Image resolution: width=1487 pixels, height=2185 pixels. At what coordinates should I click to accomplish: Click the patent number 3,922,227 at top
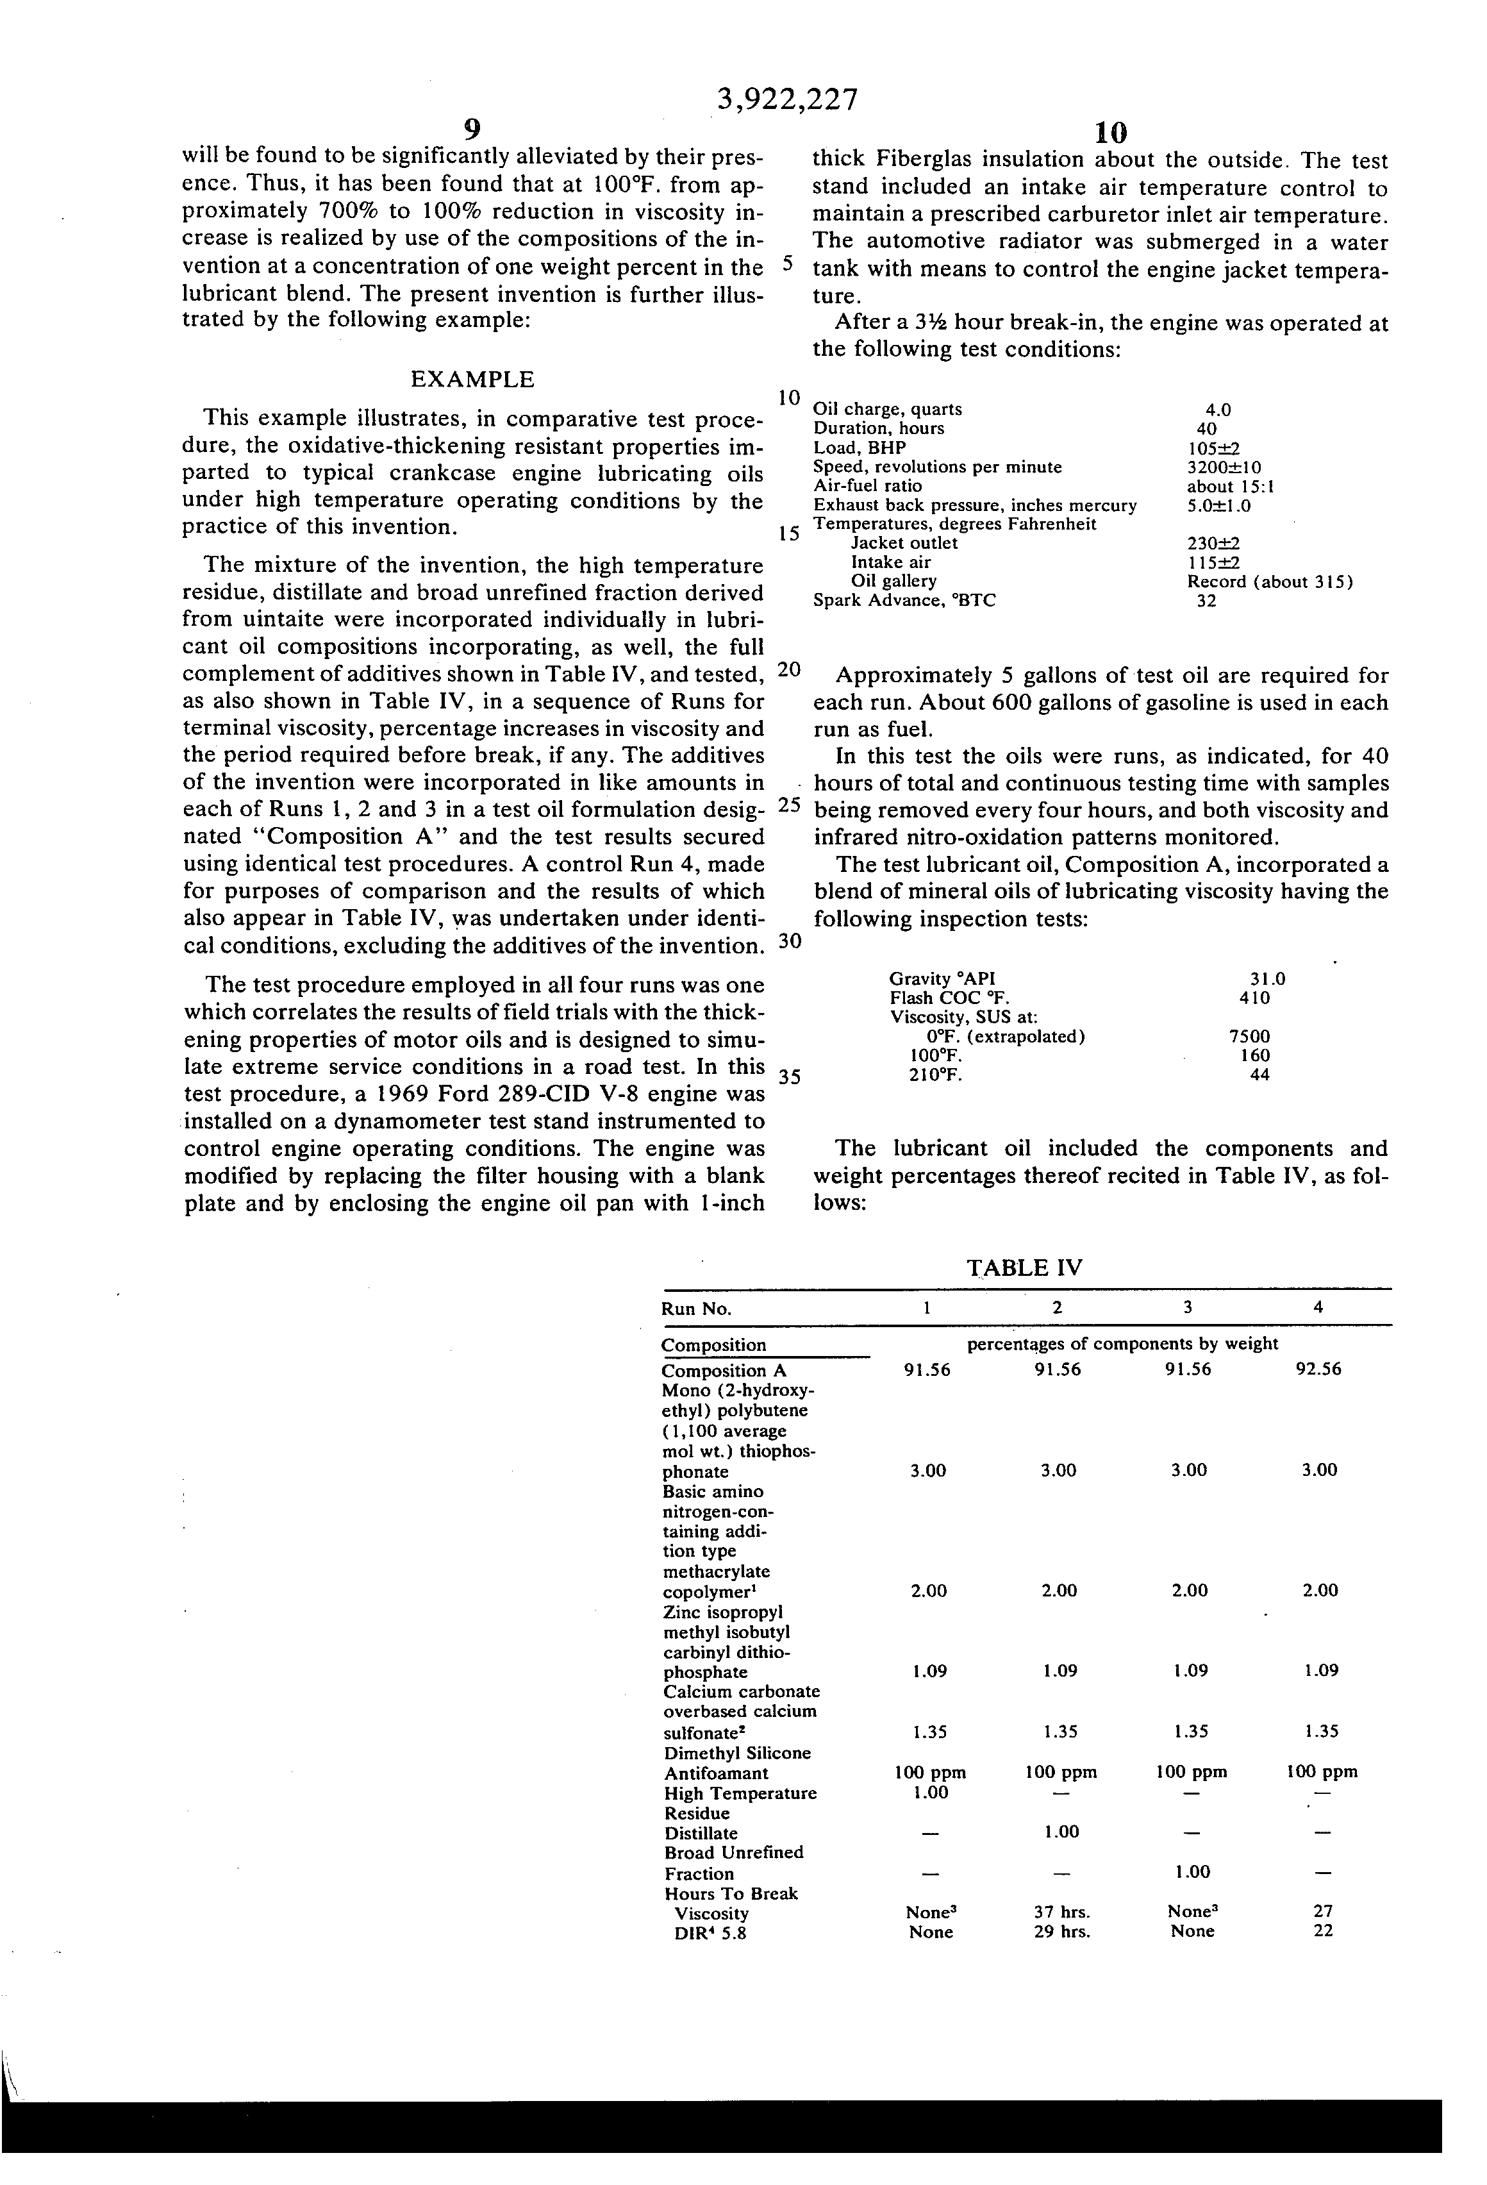[x=788, y=99]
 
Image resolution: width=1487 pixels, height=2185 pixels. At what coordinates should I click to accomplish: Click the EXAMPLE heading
[x=473, y=380]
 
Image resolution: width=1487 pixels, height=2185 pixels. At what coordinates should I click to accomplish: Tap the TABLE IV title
[x=1024, y=1268]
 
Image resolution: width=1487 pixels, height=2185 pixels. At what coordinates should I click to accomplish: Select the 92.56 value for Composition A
[x=1318, y=1370]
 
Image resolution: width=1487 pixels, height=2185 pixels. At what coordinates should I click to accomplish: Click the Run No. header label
[x=697, y=1309]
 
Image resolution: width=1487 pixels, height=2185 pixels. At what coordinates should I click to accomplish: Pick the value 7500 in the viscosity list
[x=1249, y=1036]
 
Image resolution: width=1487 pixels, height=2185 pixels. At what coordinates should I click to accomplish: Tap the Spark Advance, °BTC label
[x=904, y=600]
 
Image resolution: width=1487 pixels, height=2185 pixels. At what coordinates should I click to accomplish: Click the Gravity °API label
[x=942, y=979]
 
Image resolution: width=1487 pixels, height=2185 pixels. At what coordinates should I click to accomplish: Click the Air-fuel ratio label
[x=868, y=486]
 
